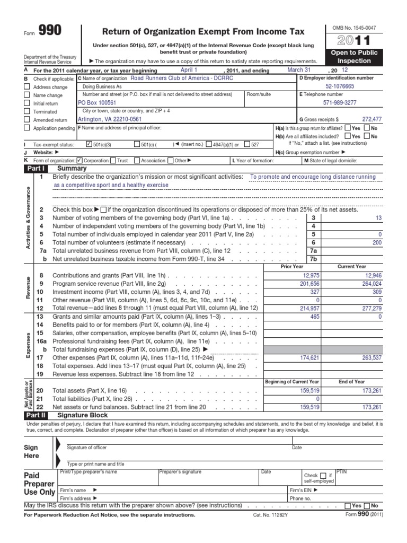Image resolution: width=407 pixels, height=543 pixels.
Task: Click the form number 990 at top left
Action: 50,31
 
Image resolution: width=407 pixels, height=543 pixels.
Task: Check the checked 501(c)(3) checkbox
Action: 89,144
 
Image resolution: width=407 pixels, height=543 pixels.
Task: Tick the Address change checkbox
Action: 28,86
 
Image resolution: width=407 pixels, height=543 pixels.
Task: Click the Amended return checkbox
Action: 28,120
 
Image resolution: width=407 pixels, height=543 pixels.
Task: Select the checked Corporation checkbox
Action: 79,160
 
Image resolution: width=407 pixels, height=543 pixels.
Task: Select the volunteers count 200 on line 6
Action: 377,242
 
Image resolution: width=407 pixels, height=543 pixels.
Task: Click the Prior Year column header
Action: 291,267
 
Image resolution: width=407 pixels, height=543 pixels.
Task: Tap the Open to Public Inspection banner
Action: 355,57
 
